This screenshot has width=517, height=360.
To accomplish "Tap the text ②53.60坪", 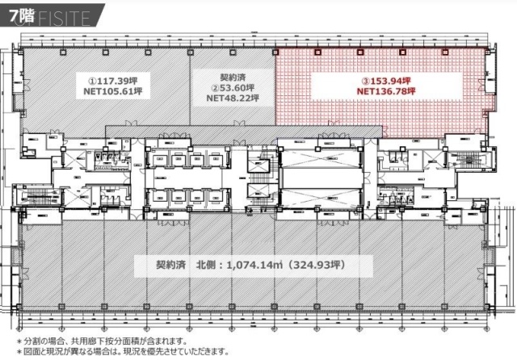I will pyautogui.click(x=232, y=88).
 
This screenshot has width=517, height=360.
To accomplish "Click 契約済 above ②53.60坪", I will pyautogui.click(x=232, y=77).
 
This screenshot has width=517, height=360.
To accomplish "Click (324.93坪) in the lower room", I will pyautogui.click(x=317, y=263).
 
